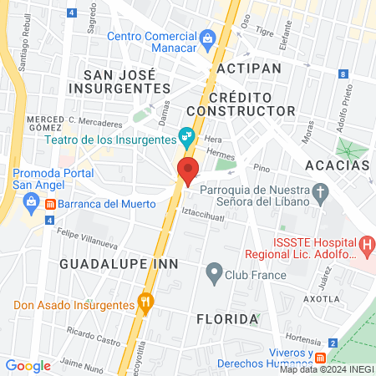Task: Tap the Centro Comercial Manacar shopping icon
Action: click(208, 38)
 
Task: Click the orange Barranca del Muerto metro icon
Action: click(50, 204)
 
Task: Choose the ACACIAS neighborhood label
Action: click(338, 165)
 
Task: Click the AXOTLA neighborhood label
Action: click(320, 298)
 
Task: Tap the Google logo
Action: click(28, 365)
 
